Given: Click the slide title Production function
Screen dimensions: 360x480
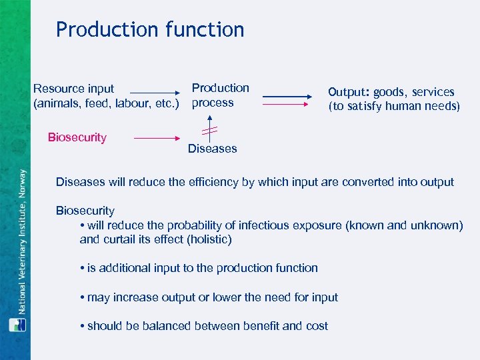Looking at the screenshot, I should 150,29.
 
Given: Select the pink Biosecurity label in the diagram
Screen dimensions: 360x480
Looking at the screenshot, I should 77,137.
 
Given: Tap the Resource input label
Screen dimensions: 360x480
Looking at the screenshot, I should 73,89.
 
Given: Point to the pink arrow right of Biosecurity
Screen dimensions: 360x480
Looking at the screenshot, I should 158,139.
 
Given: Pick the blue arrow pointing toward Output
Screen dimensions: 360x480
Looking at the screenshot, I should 287,97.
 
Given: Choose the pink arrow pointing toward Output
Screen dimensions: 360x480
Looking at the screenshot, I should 287,104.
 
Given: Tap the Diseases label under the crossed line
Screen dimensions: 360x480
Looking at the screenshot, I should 212,149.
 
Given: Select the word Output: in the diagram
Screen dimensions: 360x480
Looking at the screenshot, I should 348,93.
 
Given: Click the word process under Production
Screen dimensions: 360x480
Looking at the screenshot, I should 213,103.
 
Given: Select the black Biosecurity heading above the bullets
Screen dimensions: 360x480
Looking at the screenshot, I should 85,211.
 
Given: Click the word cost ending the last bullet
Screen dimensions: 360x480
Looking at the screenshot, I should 317,325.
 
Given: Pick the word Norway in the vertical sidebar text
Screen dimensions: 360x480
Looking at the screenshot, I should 21,187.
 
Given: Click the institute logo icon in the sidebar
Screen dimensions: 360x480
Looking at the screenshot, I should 17,325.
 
